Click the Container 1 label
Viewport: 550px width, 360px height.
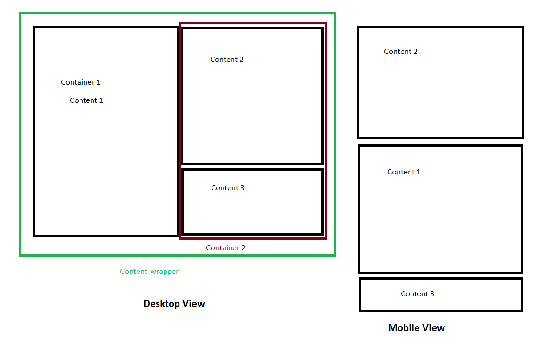80,82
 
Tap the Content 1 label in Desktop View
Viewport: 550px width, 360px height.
86,100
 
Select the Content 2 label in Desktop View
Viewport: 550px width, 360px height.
227,60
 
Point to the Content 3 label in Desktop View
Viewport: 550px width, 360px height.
228,188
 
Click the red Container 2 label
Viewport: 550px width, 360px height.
225,248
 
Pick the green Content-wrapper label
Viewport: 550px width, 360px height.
149,272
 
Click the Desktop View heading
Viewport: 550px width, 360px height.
174,304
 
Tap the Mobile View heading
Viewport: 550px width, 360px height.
416,328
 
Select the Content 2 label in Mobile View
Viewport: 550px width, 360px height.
401,52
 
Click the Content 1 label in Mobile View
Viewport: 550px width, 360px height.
404,172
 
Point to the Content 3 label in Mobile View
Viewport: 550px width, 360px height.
417,294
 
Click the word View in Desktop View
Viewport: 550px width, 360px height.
193,304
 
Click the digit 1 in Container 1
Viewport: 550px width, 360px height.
98,82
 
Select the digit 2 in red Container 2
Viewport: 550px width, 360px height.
243,248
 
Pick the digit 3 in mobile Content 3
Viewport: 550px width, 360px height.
432,294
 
